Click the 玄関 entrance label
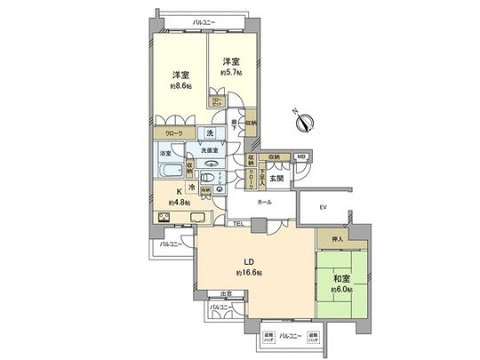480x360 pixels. [276, 178]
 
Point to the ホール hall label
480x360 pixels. [264, 203]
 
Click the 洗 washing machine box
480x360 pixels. [211, 134]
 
